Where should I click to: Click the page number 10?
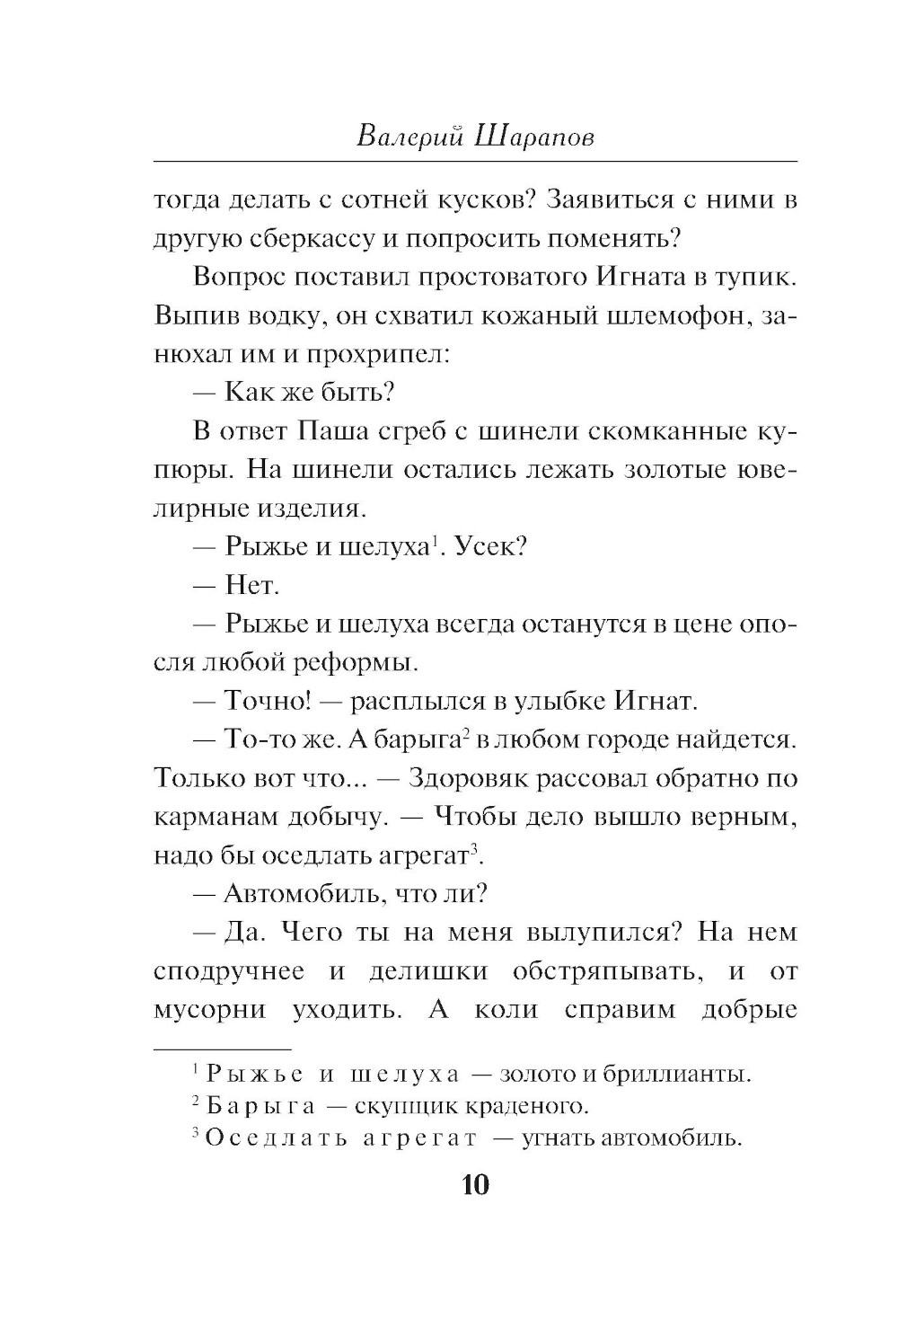point(475,1185)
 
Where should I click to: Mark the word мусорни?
point(208,1009)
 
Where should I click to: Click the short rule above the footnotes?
point(223,1049)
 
